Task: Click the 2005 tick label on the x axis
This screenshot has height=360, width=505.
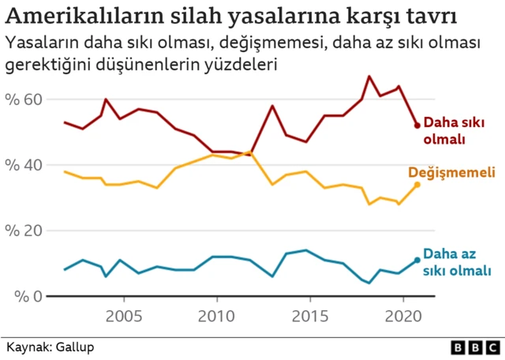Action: pos(124,317)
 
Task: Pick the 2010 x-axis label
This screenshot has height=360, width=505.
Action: pos(216,317)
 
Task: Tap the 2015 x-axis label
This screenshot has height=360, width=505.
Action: pos(309,317)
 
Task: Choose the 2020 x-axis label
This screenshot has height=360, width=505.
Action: pos(402,317)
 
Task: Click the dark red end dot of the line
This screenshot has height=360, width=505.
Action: pos(417,126)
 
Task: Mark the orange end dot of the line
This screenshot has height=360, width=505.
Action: pos(417,184)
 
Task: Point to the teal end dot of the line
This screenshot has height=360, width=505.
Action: pos(417,261)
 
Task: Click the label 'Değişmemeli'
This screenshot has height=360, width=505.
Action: pos(451,173)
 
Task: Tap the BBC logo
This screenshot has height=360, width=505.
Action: pos(474,347)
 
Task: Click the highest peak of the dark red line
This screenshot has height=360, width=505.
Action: pos(369,76)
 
